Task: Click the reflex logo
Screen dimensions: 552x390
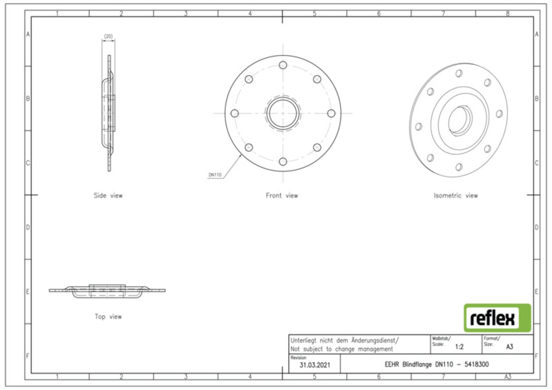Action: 497,318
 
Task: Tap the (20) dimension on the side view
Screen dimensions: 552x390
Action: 109,36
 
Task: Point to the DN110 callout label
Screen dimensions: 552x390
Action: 215,175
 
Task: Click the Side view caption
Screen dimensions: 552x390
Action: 108,196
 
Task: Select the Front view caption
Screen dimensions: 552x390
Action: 282,196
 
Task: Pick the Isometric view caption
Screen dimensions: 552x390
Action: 456,196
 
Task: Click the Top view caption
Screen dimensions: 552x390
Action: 108,316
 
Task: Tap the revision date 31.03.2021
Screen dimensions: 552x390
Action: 315,365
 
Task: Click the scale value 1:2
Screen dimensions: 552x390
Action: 459,347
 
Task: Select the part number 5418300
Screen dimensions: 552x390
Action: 476,364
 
